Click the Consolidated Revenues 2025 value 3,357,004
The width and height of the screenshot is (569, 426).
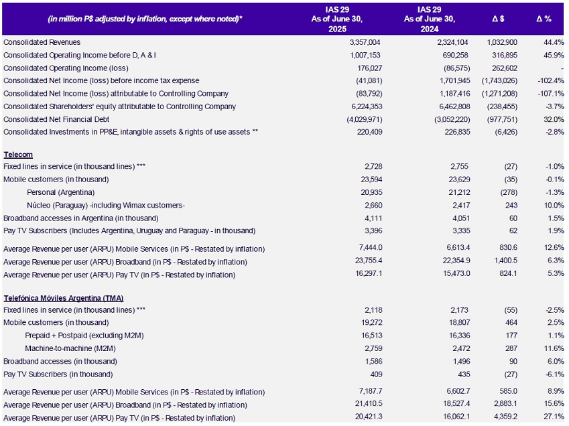click(365, 42)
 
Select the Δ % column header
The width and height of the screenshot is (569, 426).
click(544, 19)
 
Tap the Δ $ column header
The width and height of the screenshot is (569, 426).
click(498, 19)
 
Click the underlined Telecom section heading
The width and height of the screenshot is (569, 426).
click(18, 155)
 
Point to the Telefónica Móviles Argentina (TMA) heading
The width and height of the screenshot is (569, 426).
click(64, 298)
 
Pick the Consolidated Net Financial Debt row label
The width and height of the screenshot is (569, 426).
click(56, 119)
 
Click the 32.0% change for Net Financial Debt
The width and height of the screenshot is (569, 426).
click(554, 119)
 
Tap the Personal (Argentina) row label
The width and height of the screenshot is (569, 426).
click(60, 192)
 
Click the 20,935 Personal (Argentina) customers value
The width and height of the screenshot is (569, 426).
click(371, 192)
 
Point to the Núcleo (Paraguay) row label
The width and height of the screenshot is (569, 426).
click(106, 205)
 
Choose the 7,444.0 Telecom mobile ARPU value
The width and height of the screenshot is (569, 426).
click(371, 248)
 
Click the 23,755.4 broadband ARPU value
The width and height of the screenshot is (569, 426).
click(369, 261)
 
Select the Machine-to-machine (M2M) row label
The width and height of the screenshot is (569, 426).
click(70, 348)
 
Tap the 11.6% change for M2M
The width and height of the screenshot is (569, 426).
click(554, 348)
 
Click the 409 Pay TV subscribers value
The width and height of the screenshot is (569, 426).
click(376, 374)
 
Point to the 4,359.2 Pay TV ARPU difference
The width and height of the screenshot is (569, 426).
click(505, 417)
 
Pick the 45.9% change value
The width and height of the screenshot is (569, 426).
click(554, 55)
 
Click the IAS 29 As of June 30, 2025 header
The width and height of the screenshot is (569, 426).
click(336, 19)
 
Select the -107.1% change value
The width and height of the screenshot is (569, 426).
click(551, 94)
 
